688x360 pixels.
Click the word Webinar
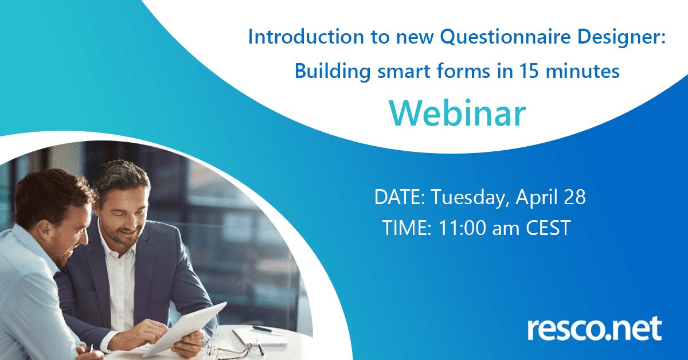[458, 114]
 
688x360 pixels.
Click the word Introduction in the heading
[306, 37]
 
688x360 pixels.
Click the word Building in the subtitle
[333, 72]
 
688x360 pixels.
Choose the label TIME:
[407, 228]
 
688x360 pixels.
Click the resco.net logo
[595, 328]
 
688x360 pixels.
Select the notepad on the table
[261, 337]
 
